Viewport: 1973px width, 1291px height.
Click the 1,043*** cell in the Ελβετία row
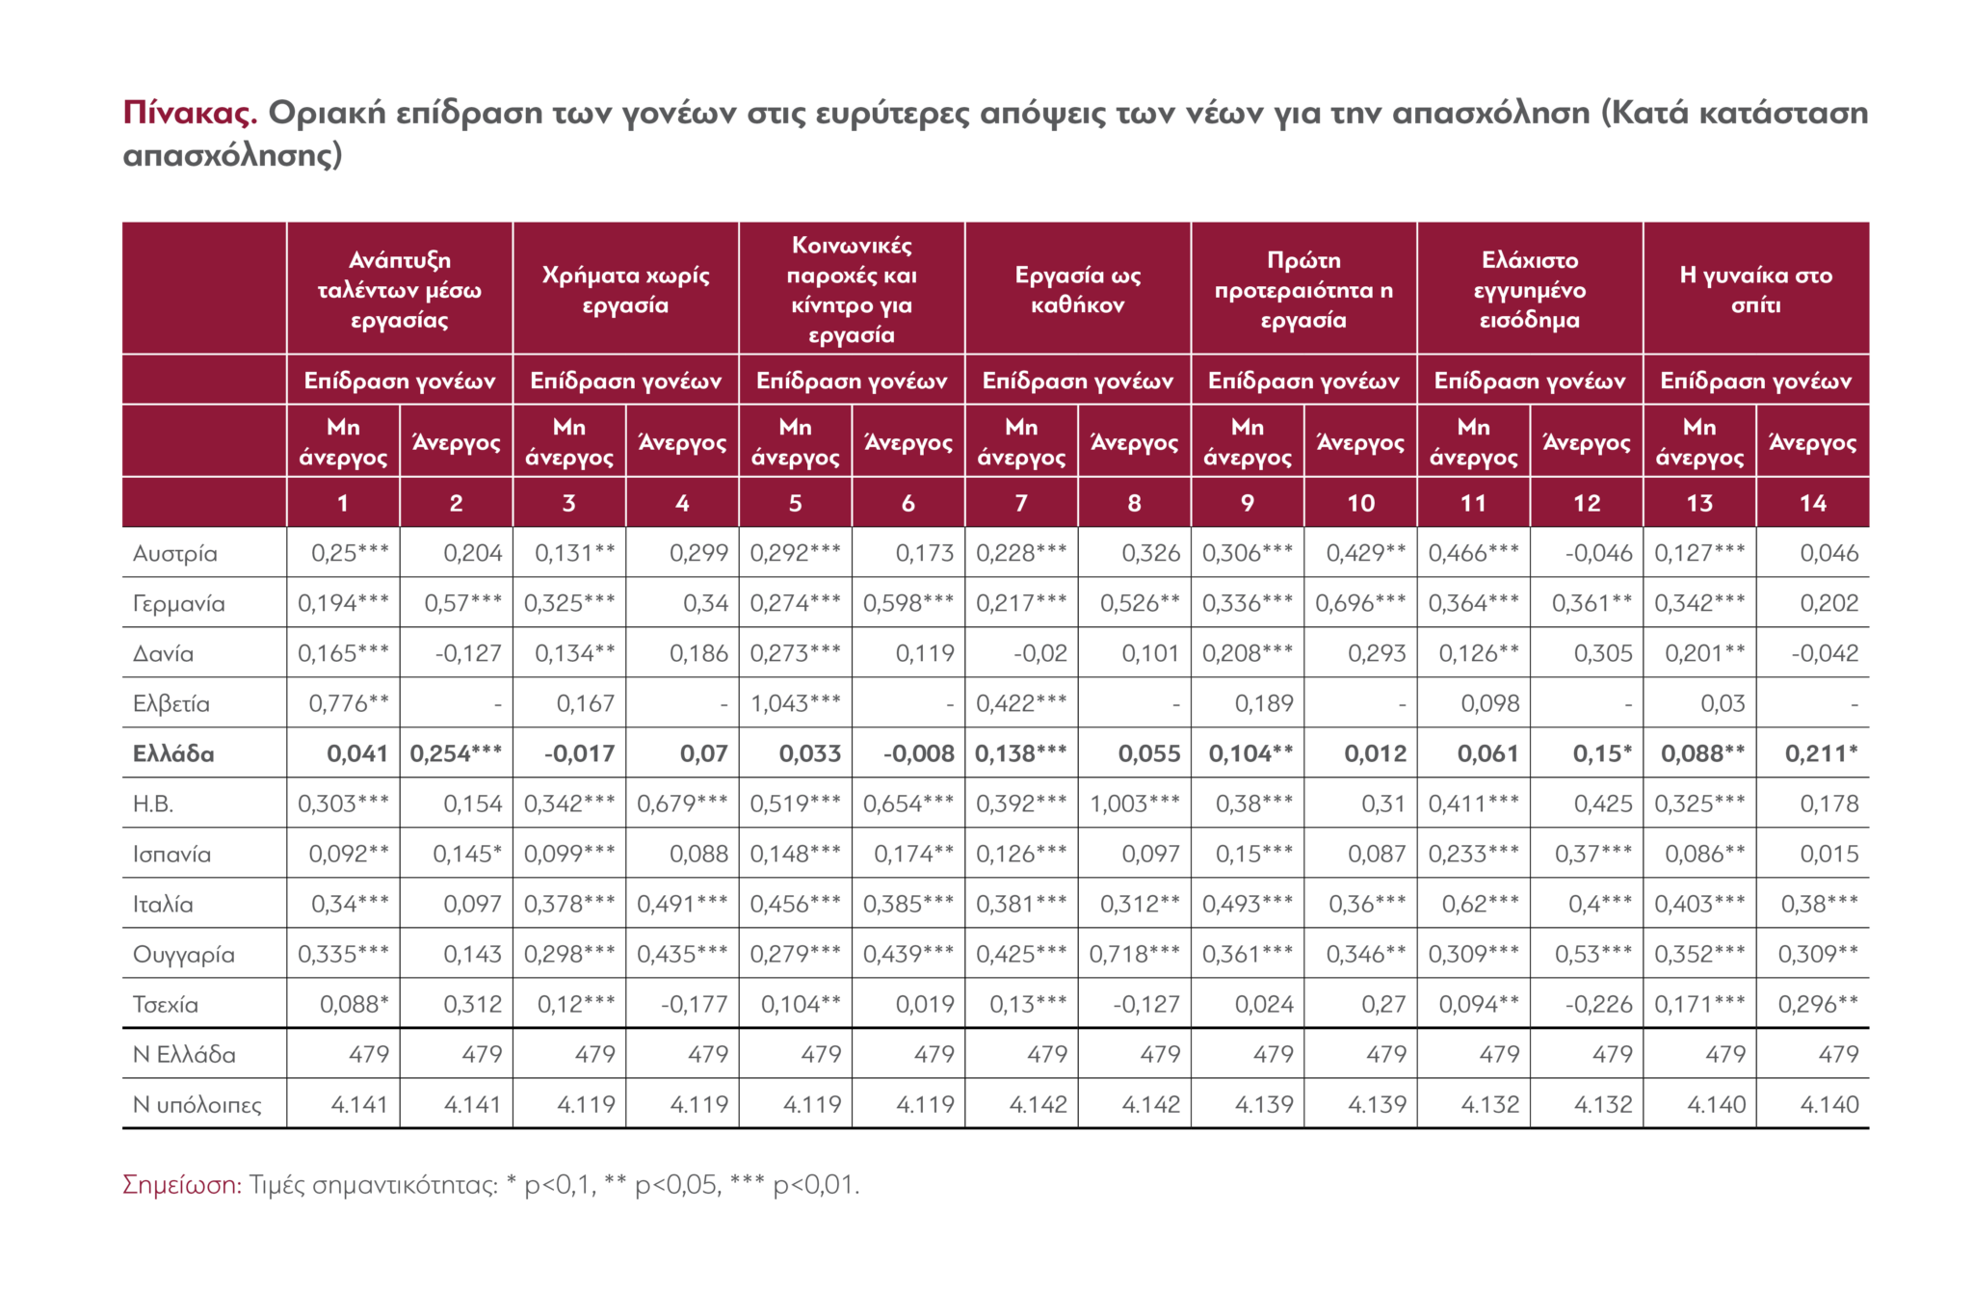[795, 704]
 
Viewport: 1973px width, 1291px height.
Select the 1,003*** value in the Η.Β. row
[1134, 804]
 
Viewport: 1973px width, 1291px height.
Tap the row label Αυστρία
[175, 554]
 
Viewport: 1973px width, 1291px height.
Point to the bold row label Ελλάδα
[173, 754]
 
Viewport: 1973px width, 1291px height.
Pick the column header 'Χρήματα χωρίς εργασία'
[625, 290]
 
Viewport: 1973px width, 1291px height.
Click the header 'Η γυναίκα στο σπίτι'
[1755, 290]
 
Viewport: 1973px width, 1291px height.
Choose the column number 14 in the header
[1812, 503]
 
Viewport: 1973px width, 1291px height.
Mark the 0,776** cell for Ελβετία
[349, 704]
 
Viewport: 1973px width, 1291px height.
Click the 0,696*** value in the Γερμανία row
[1360, 604]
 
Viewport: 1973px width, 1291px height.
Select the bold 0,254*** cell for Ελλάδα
[456, 754]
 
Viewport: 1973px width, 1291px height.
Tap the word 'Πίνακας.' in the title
[190, 114]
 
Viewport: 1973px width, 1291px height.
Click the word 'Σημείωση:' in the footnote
[182, 1184]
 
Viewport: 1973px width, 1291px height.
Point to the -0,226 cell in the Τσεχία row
[1598, 1005]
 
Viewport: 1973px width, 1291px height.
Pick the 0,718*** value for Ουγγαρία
[1134, 955]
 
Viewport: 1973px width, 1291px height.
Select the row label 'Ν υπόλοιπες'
[197, 1105]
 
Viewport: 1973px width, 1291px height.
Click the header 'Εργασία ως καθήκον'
[1077, 290]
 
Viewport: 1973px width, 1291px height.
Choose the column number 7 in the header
[1021, 503]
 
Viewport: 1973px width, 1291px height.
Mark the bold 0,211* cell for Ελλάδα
[1821, 754]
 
